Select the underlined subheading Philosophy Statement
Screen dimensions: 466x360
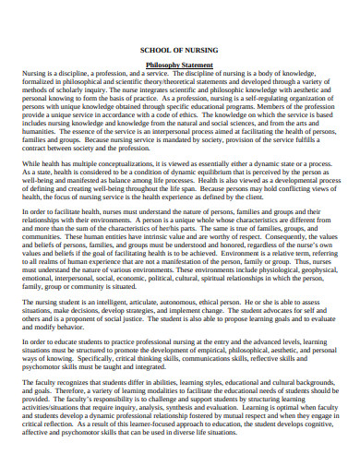click(180, 66)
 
